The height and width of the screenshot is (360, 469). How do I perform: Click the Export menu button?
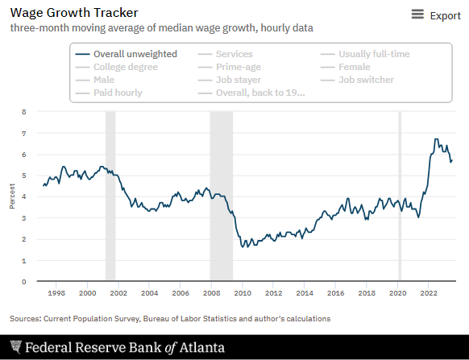click(436, 15)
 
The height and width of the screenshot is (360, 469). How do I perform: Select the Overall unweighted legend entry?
click(127, 54)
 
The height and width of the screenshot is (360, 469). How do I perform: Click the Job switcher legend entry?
click(357, 80)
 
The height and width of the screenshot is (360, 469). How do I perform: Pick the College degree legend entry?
click(117, 67)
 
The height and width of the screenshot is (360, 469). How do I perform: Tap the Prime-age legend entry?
click(230, 67)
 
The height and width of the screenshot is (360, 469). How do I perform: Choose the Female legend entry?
click(346, 67)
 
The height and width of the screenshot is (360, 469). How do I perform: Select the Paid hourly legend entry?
click(109, 93)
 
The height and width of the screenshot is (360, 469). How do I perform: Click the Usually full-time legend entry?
click(365, 54)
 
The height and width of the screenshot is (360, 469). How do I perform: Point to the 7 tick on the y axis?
click(23, 133)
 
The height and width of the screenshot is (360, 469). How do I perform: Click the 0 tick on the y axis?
click(23, 282)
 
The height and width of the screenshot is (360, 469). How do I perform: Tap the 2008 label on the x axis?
click(212, 293)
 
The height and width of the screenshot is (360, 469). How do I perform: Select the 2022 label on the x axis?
click(429, 293)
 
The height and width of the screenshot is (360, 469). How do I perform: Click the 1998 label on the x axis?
click(56, 293)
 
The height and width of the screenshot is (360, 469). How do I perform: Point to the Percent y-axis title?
click(12, 197)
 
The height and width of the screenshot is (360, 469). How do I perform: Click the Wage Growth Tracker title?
click(74, 13)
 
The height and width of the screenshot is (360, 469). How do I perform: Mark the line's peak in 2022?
click(436, 139)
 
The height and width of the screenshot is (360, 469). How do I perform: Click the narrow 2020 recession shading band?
click(400, 196)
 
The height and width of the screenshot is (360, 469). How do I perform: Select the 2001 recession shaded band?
click(110, 196)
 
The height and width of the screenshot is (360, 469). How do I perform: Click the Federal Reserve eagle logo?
click(16, 347)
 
